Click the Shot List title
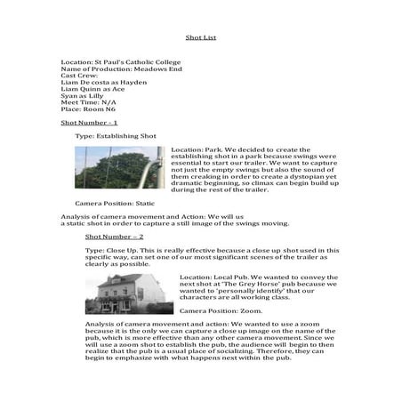pyautogui.click(x=201, y=38)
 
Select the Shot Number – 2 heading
pyautogui.click(x=114, y=237)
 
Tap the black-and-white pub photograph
pyautogui.click(x=128, y=294)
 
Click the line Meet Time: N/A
pyautogui.click(x=91, y=103)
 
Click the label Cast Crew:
pyautogui.click(x=79, y=75)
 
